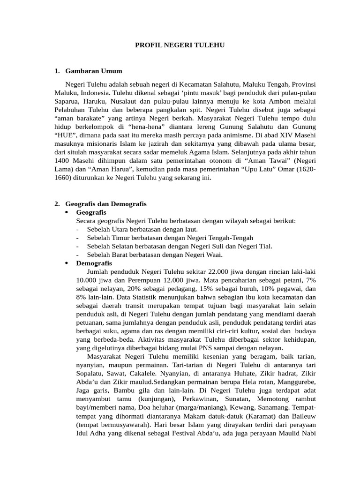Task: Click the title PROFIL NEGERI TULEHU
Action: pyautogui.click(x=180, y=45)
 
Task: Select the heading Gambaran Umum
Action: pyautogui.click(x=94, y=71)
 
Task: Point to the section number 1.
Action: pyautogui.click(x=57, y=71)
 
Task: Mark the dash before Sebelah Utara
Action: pyautogui.click(x=76, y=229)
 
